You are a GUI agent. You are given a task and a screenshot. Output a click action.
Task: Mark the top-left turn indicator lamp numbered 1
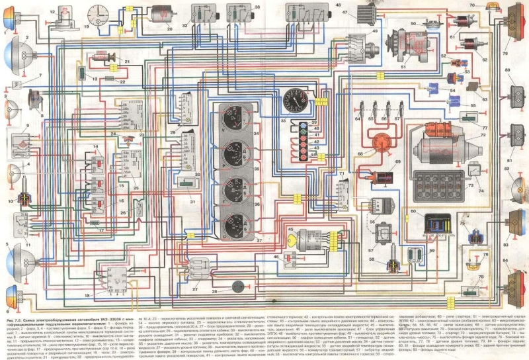7,19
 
